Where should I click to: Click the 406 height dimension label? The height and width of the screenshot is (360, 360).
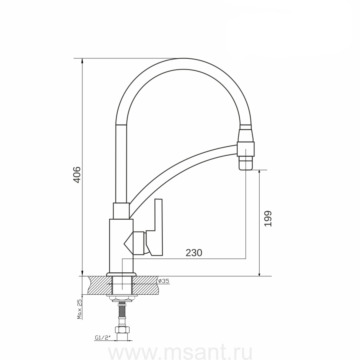pos(77,175)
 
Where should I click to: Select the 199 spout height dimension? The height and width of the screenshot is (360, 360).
pos(268,218)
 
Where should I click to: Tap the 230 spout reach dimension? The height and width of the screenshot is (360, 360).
pos(194,253)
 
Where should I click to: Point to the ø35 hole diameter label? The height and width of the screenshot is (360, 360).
pos(164,281)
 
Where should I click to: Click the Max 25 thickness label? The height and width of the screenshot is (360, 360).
pos(80,309)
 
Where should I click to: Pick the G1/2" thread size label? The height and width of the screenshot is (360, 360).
pos(103,338)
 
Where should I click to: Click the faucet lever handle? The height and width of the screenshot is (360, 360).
pos(155,227)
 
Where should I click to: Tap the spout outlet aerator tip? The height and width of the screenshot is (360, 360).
pos(246,163)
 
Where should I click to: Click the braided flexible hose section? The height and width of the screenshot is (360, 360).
pos(122,310)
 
